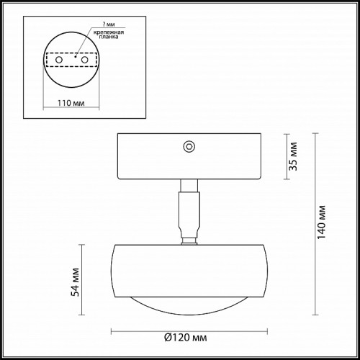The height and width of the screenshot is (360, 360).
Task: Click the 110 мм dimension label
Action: pyautogui.click(x=71, y=103)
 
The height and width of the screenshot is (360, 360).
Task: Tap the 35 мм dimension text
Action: pyautogui.click(x=293, y=156)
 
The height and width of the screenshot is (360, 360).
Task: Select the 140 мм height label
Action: pyautogui.click(x=322, y=222)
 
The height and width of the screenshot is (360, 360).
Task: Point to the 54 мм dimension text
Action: pyautogui.click(x=76, y=282)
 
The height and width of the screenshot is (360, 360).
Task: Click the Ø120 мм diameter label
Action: pyautogui.click(x=185, y=338)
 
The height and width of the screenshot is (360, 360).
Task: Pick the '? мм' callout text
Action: pyautogui.click(x=109, y=24)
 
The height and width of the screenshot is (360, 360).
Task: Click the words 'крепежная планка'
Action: pyautogui.click(x=109, y=35)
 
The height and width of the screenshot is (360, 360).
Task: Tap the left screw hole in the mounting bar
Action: pyautogui.click(x=59, y=60)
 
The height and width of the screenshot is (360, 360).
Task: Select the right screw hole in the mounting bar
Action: pyautogui.click(x=84, y=60)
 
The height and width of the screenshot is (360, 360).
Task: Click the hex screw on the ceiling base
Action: pyautogui.click(x=189, y=146)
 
